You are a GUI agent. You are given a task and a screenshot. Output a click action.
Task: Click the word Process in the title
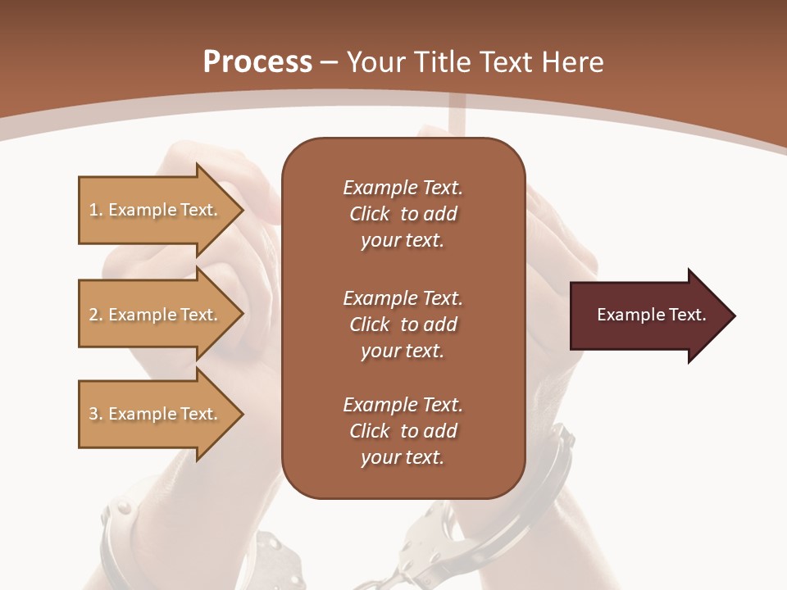click(257, 62)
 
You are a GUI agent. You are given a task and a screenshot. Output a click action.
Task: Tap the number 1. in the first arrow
click(96, 210)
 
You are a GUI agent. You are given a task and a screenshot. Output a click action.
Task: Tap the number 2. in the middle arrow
click(96, 315)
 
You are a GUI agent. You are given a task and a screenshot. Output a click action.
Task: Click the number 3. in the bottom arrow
click(96, 414)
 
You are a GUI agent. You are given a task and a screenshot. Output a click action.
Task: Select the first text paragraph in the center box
click(403, 214)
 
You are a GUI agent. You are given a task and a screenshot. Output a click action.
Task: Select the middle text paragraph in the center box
click(403, 324)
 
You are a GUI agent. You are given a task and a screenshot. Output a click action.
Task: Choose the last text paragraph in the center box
click(403, 431)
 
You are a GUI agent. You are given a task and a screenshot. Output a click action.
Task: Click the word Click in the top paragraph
click(370, 214)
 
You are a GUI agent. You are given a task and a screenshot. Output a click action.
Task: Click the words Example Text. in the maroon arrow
click(652, 315)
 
